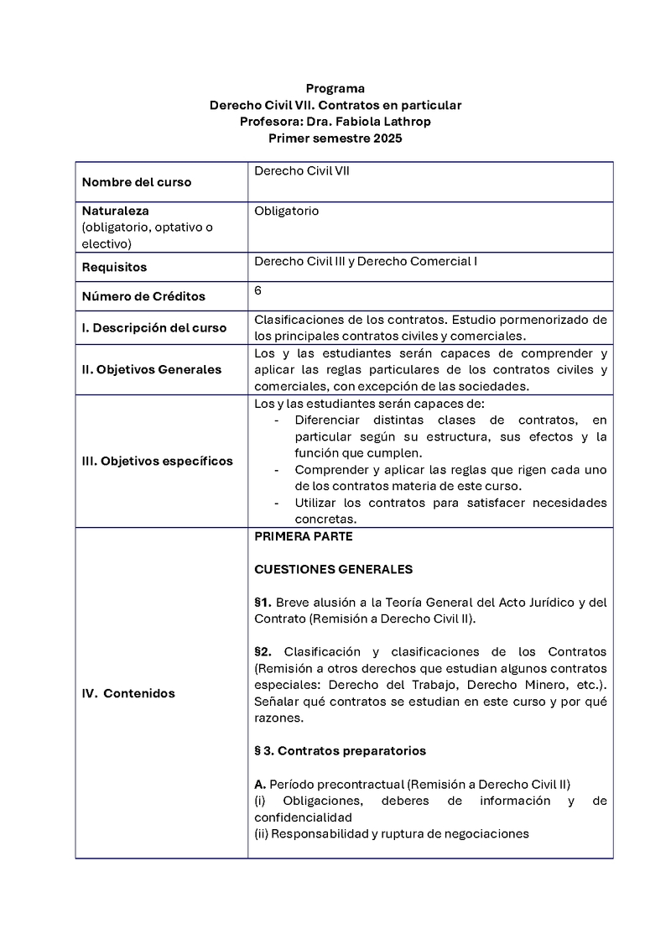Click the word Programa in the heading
335,88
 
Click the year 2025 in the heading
386,138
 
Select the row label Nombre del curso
136,182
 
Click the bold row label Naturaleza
115,211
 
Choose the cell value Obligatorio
286,211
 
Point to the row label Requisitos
114,268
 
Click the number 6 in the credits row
258,290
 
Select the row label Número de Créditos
143,296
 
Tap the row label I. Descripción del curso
154,328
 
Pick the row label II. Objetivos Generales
152,369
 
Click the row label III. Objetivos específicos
158,461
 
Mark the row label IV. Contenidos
128,693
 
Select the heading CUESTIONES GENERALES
333,569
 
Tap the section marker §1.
263,603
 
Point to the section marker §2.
263,652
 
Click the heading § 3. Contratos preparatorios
340,751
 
